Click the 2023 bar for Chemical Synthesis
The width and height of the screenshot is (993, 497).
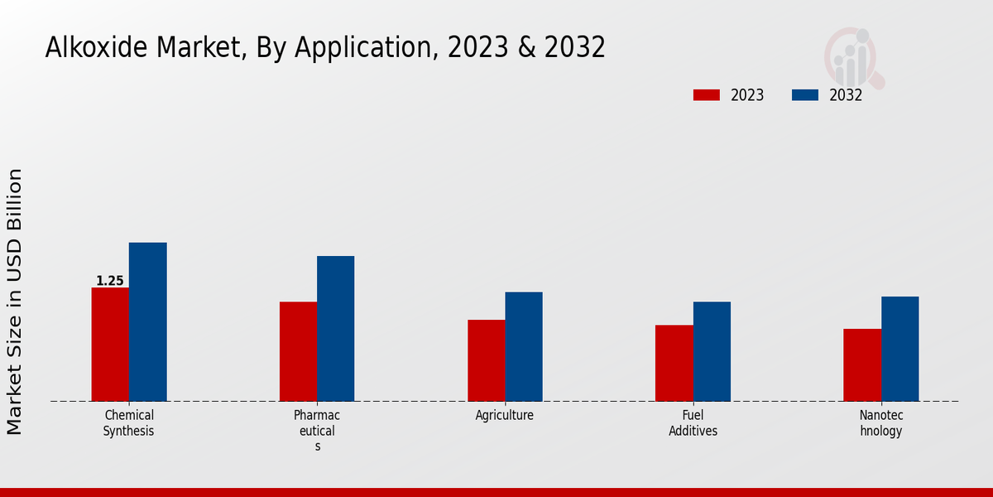coord(110,345)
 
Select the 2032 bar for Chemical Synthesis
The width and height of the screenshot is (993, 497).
coord(147,322)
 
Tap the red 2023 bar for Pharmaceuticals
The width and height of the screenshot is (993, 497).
coord(298,351)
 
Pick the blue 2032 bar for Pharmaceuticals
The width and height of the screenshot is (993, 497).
coord(335,329)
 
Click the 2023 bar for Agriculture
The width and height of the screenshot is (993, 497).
coord(486,360)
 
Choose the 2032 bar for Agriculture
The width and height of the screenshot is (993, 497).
coord(524,346)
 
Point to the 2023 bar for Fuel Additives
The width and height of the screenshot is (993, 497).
coord(674,363)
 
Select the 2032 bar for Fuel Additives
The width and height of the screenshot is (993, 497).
coord(712,351)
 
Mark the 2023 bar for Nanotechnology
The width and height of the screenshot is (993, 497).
coord(862,365)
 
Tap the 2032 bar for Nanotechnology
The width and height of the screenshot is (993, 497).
coord(899,349)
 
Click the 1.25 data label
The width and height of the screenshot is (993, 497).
coord(110,281)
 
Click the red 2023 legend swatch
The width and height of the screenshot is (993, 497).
coord(706,95)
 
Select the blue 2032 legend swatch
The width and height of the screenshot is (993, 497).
coord(805,95)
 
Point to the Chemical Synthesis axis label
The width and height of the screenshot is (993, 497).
coord(129,423)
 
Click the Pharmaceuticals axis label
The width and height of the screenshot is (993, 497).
coord(317,431)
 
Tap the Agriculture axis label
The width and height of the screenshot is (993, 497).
coord(505,416)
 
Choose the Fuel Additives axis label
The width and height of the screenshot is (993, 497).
coord(693,423)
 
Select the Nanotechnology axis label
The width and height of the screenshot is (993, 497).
coord(881,423)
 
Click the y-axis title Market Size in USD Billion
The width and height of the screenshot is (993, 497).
coord(15,302)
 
